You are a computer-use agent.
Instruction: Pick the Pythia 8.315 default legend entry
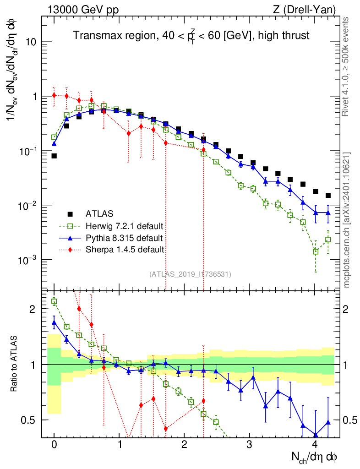[x=124, y=238]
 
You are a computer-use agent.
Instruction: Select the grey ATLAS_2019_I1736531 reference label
[x=190, y=274]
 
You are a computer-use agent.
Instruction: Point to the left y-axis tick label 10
[x=31, y=42]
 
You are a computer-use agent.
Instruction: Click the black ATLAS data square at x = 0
[x=54, y=156]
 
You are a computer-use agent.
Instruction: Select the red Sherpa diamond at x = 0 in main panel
[x=54, y=95]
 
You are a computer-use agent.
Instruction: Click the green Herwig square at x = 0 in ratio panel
[x=54, y=301]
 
